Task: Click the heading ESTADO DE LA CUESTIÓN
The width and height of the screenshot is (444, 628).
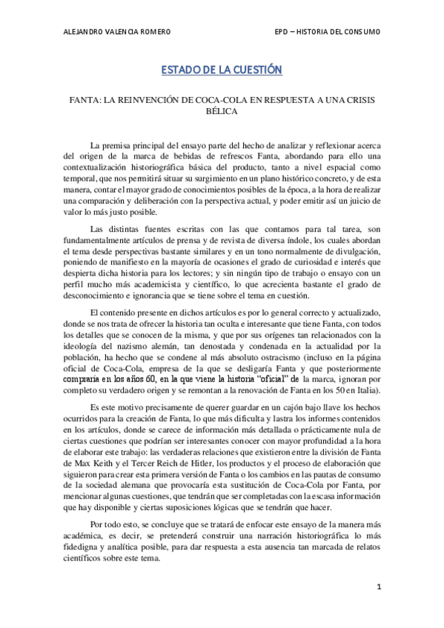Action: coord(222,70)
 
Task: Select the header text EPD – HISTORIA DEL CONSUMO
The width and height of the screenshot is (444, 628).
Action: coord(327,32)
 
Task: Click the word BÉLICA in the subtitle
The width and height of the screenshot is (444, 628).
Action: coord(222,112)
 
